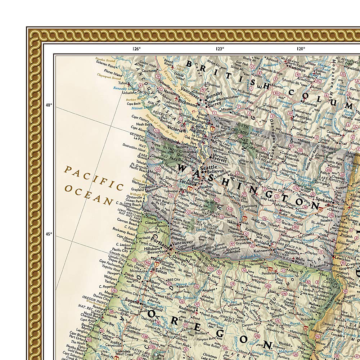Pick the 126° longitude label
click(x=136, y=49)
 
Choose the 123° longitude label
click(x=220, y=49)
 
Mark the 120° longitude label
click(x=301, y=49)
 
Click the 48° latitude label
click(x=49, y=105)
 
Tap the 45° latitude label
click(x=49, y=234)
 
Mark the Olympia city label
click(x=191, y=193)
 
